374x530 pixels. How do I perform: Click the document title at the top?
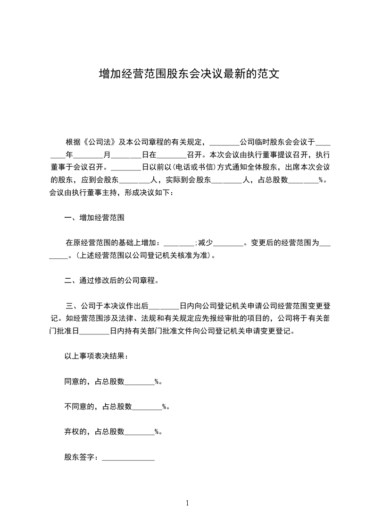pos(187,74)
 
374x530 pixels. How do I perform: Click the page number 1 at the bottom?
pos(187,503)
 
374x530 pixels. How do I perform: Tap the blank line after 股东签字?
pos(128,458)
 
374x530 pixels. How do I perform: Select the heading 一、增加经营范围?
pos(94,218)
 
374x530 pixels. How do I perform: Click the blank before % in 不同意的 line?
pos(147,406)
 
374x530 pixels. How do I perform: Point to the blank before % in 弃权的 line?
pos(139,431)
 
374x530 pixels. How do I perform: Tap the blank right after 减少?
pos(228,243)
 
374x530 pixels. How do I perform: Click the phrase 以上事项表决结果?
pos(95,356)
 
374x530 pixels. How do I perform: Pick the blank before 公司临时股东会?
pos(224,142)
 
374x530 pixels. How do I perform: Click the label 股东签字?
pos(80,457)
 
